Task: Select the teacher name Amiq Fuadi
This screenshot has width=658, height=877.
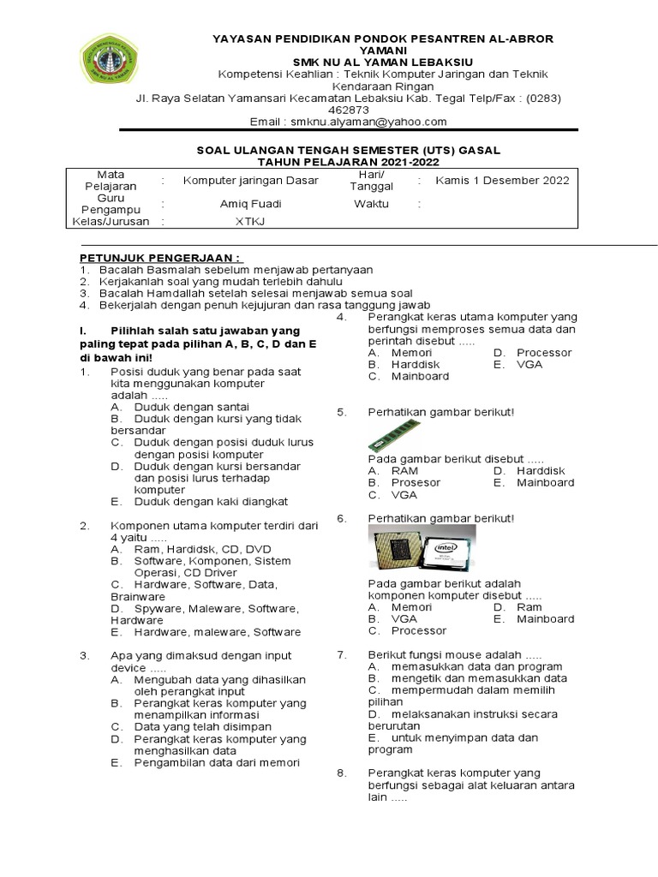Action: click(250, 204)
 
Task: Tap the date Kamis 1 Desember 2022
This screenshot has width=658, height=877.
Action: click(502, 181)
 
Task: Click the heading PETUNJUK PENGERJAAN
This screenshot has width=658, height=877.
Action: click(162, 258)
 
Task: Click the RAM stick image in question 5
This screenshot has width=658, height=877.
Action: click(395, 435)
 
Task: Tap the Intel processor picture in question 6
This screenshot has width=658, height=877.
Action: click(418, 550)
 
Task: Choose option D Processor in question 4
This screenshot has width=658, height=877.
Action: click(543, 353)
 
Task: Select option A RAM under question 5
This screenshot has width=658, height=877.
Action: click(404, 471)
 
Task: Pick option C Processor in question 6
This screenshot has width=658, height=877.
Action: click(418, 630)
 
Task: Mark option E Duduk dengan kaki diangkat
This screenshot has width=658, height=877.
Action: click(211, 502)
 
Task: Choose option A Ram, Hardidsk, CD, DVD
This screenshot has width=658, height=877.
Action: click(202, 549)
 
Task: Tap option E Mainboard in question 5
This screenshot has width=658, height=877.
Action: click(545, 483)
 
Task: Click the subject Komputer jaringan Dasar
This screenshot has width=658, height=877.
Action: click(250, 181)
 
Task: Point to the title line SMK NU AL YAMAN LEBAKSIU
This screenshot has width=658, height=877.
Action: click(382, 63)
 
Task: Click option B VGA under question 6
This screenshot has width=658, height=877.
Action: click(404, 618)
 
